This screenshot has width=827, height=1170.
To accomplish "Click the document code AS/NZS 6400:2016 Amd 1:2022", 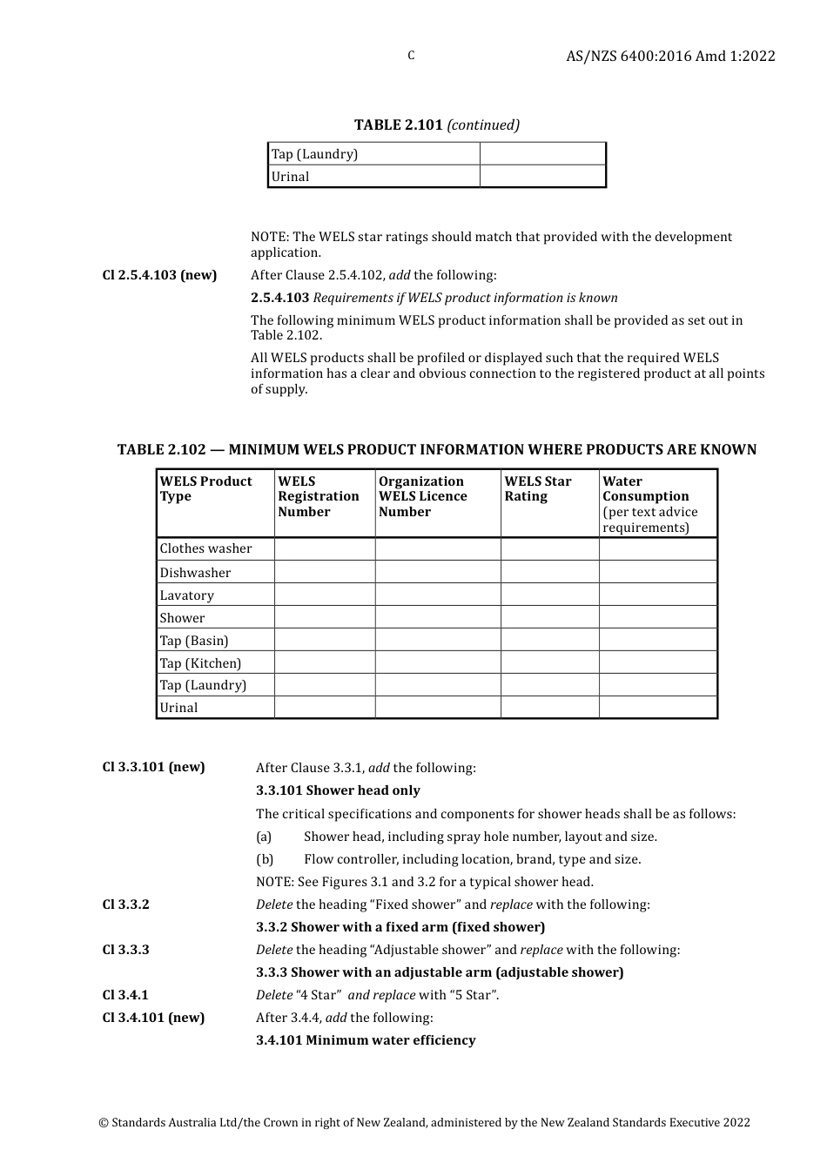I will (x=670, y=56).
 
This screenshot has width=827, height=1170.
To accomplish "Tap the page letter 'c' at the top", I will (x=411, y=56).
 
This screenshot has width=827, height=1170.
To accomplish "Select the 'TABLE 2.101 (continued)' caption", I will (x=436, y=124).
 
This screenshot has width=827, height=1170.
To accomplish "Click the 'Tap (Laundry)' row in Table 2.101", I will (x=314, y=154).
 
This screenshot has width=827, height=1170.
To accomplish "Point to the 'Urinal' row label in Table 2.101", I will (x=290, y=177).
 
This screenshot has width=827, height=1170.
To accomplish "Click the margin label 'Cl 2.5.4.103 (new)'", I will (x=159, y=275).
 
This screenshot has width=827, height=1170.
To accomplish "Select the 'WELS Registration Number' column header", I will (x=319, y=496).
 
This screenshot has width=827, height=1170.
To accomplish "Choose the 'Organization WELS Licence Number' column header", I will (x=423, y=496).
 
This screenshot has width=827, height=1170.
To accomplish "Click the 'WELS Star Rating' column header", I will (x=538, y=488).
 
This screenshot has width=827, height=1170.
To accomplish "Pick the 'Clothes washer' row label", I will (x=205, y=548).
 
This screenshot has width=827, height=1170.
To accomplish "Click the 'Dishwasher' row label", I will (x=195, y=573).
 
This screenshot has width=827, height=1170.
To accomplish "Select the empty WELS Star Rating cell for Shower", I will (x=549, y=618).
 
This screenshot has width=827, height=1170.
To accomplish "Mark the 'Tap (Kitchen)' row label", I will (x=200, y=663).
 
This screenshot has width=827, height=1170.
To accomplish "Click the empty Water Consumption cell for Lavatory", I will (x=658, y=595).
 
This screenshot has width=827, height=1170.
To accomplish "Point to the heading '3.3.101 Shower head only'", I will (x=338, y=790).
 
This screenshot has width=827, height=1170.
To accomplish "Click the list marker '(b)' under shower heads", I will (x=265, y=859).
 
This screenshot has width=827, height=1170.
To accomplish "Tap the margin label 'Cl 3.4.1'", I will (x=125, y=995).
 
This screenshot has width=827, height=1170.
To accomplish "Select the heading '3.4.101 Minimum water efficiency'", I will (x=366, y=1040).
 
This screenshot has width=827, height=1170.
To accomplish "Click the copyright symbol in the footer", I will (x=104, y=1123).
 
